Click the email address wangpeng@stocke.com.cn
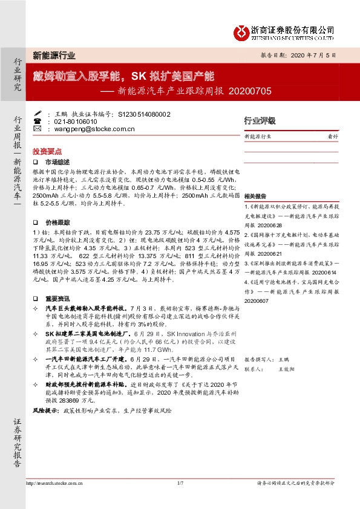(90, 129)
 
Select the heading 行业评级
(259, 121)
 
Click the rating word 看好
(332, 137)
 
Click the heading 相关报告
(255, 197)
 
